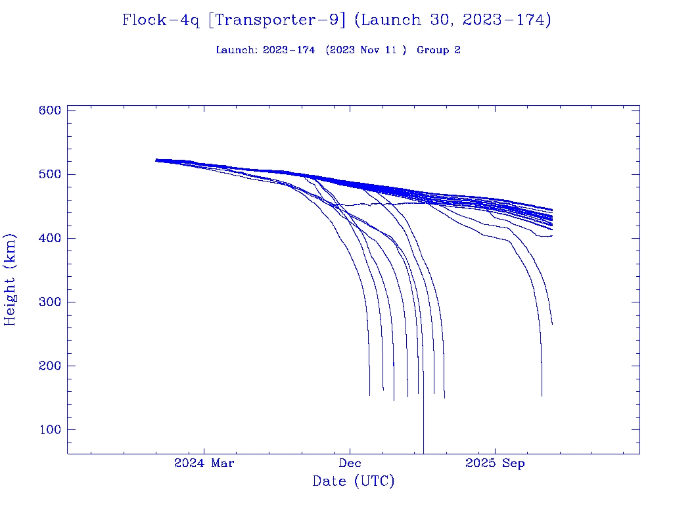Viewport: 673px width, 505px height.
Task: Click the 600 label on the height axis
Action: [x=50, y=110]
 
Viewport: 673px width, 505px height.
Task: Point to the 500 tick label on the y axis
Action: [x=50, y=174]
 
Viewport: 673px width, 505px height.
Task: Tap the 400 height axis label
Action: [x=50, y=238]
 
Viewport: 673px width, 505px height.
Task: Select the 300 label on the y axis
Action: [x=50, y=302]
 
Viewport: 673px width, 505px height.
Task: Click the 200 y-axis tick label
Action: [x=50, y=366]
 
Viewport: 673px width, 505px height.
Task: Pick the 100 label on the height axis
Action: [x=50, y=429]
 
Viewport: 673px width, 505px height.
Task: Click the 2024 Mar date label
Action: [x=204, y=464]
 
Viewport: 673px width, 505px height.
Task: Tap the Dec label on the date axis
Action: [x=350, y=464]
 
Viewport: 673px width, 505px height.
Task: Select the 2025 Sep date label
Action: [x=495, y=464]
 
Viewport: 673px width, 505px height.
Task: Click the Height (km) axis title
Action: [x=10, y=279]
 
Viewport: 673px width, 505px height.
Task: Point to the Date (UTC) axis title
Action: [x=354, y=481]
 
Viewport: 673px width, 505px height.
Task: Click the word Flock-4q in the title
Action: [x=160, y=20]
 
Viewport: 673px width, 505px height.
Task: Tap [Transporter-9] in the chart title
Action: [x=277, y=20]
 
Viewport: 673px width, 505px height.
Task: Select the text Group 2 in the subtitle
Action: [x=438, y=50]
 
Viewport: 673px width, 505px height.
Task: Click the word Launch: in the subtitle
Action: [x=237, y=50]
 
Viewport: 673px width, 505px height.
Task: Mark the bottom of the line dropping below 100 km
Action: [x=423, y=452]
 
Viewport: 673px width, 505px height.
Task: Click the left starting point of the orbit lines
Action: [x=156, y=160]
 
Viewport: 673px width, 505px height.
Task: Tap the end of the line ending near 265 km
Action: [x=552, y=324]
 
